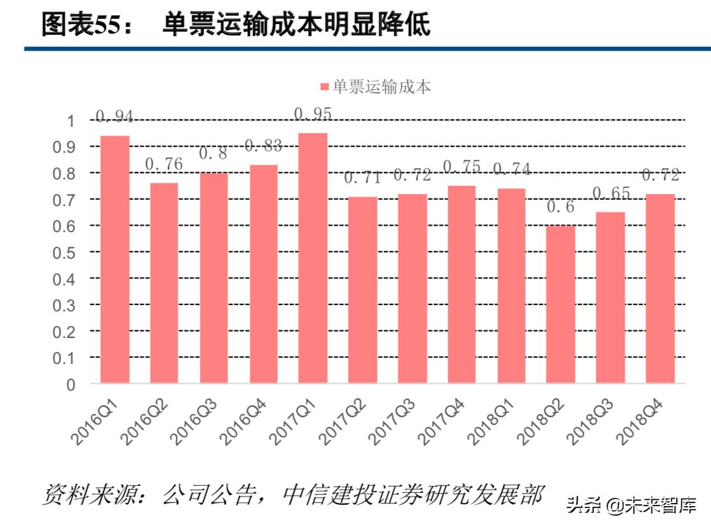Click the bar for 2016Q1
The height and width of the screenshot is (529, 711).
click(115, 259)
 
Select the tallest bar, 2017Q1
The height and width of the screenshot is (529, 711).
click(313, 258)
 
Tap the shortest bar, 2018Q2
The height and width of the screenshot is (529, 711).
click(561, 304)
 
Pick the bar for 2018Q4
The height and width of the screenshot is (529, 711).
click(660, 289)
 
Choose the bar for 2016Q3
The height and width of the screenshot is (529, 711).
click(214, 278)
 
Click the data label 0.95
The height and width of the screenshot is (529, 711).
click(313, 114)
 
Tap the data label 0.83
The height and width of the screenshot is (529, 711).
click(263, 146)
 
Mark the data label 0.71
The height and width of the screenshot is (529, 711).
click(362, 178)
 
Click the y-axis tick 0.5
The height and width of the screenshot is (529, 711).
click(66, 252)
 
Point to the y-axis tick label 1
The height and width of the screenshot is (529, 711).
click(71, 121)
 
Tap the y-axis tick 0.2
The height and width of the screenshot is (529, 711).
click(66, 332)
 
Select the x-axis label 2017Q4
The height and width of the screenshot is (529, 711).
click(444, 419)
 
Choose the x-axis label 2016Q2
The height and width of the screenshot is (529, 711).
click(146, 419)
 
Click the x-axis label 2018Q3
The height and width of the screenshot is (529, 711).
click(592, 419)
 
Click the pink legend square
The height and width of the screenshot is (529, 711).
click(324, 88)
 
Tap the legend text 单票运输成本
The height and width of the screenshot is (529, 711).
click(381, 88)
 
